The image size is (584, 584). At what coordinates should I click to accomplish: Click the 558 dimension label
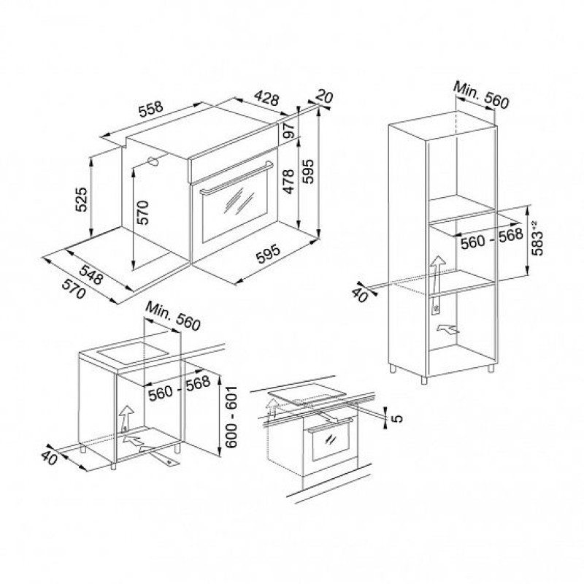[x=151, y=109]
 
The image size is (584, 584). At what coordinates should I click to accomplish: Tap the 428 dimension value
[x=266, y=98]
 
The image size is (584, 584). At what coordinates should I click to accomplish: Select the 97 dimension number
[x=289, y=131]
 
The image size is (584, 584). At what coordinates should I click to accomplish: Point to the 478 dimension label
[x=288, y=182]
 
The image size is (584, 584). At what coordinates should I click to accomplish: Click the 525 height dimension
[x=81, y=199]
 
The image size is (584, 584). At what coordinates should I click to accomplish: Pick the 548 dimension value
[x=91, y=275]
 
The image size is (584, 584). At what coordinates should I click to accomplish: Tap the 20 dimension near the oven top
[x=324, y=97]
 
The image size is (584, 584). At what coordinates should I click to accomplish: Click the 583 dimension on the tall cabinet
[x=537, y=239]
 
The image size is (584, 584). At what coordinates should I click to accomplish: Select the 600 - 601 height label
[x=231, y=417]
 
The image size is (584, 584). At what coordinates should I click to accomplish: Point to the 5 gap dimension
[x=398, y=418]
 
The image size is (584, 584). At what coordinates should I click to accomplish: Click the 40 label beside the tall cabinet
[x=360, y=295]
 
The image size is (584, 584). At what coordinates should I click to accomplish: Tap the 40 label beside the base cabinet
[x=49, y=458]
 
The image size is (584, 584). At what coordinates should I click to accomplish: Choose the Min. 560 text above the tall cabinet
[x=481, y=96]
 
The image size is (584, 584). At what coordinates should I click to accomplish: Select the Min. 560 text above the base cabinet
[x=173, y=316]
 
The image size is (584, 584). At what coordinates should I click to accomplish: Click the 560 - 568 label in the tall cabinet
[x=491, y=239]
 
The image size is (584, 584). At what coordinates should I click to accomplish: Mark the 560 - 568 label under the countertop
[x=179, y=388]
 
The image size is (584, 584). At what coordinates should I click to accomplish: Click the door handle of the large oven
[x=236, y=178]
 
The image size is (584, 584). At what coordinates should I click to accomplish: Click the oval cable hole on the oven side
[x=153, y=161]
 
